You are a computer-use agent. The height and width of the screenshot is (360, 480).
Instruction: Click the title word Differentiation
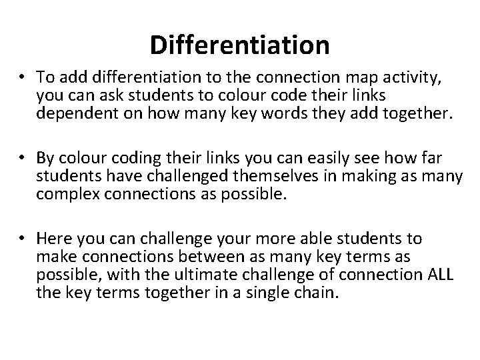point(239,45)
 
